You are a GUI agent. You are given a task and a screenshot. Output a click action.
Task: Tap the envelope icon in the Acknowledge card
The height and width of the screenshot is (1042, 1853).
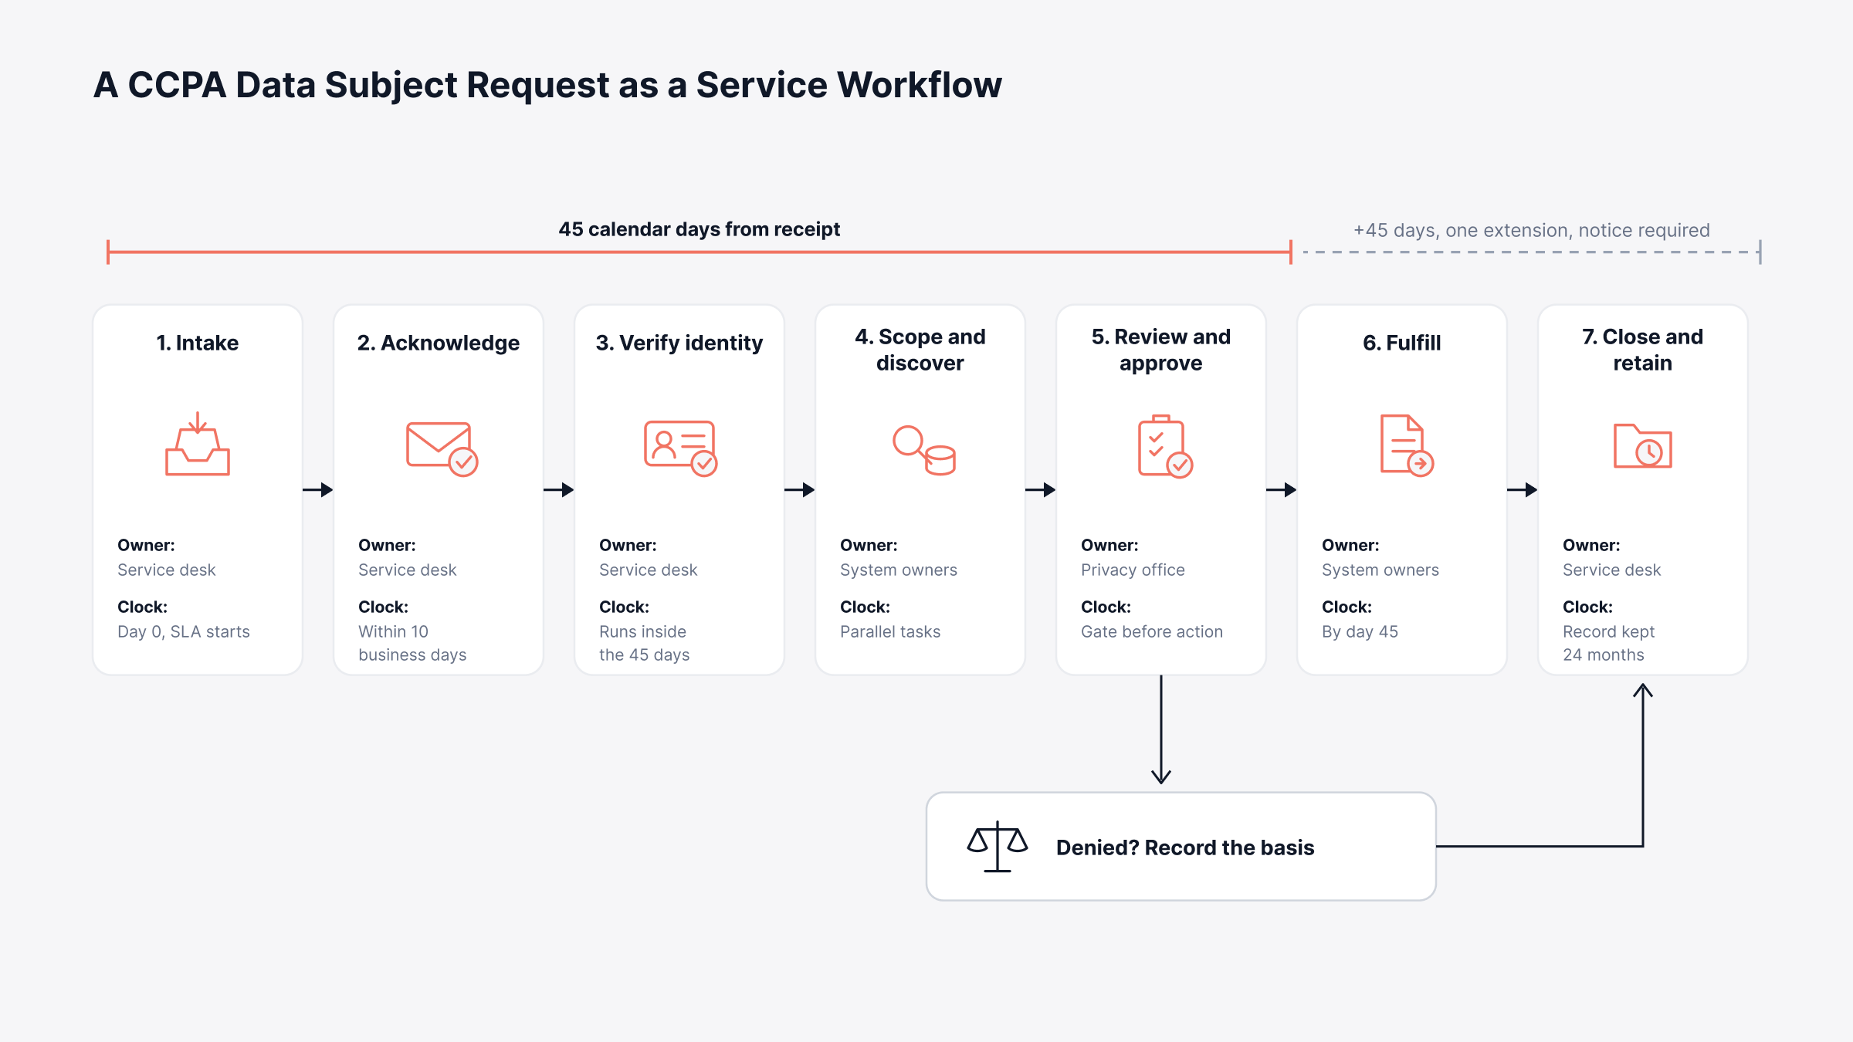[x=442, y=448]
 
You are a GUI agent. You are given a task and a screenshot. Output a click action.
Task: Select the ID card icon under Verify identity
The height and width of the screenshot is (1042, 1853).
[x=680, y=448]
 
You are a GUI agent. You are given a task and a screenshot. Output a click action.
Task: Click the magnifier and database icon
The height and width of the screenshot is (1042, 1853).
[x=923, y=450]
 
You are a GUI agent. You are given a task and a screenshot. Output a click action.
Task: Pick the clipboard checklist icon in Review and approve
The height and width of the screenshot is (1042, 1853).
[x=1164, y=446]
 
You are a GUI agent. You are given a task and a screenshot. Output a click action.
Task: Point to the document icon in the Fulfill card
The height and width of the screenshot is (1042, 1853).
[x=1406, y=445]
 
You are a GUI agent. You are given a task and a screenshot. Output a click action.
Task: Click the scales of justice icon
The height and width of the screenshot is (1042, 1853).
[x=998, y=846]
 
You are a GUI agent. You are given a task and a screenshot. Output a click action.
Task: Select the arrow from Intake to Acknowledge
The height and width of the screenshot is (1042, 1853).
[x=317, y=489]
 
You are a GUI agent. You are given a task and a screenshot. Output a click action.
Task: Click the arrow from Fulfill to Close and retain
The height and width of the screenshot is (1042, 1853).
[x=1522, y=489]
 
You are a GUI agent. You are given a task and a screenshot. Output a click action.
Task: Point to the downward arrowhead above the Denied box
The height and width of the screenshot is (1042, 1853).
[x=1161, y=776]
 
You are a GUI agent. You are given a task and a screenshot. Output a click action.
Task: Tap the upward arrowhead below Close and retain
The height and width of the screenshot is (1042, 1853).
[x=1643, y=690]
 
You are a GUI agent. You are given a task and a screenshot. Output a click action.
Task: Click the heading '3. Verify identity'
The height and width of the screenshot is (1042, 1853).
[x=679, y=343]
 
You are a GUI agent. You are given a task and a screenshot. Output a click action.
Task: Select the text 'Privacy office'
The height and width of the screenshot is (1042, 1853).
[x=1133, y=570]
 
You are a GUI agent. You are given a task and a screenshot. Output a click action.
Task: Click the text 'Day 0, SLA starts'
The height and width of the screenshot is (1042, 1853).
[x=184, y=631]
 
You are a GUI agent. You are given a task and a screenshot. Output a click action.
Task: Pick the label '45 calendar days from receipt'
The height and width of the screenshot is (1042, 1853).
[x=700, y=229]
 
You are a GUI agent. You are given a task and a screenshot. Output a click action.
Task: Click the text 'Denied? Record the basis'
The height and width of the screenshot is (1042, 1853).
[x=1185, y=847]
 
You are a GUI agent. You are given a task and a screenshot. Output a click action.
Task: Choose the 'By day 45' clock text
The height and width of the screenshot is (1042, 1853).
[x=1360, y=631]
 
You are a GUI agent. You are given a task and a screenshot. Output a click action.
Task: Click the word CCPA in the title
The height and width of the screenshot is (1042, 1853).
[x=177, y=85]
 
